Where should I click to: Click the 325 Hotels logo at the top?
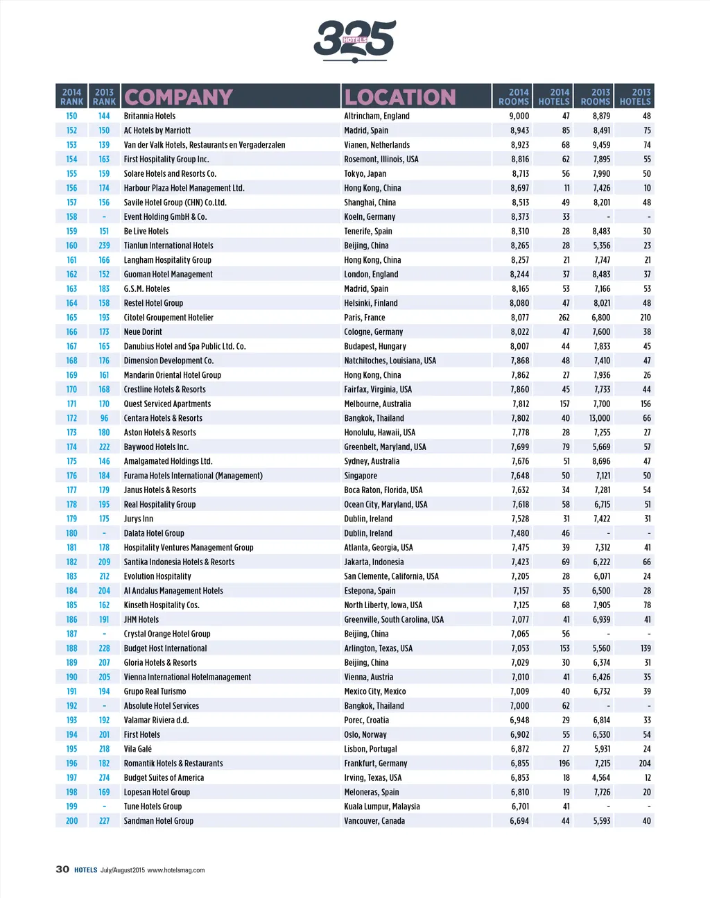[x=354, y=40]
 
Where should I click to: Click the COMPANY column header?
[x=178, y=97]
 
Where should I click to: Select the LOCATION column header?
[x=400, y=97]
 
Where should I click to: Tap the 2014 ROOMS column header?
[x=513, y=96]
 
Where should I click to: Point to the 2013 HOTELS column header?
[x=634, y=96]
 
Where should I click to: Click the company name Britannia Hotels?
[x=150, y=116]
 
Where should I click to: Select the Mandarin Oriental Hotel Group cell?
[x=173, y=375]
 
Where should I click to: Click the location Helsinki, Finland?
[x=371, y=303]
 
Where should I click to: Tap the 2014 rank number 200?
[x=71, y=821]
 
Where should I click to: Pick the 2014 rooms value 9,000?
[x=519, y=116]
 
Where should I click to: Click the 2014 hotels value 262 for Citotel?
[x=564, y=318]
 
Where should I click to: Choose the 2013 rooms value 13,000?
[x=600, y=418]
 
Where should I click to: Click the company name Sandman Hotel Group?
[x=159, y=821]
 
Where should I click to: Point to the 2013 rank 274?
[x=104, y=778]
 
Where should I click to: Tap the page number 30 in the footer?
[x=62, y=870]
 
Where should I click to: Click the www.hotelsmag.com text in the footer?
[x=176, y=870]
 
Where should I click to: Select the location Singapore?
[x=361, y=476]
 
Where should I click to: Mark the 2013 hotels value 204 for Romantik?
[x=645, y=763]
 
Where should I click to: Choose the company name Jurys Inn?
[x=139, y=519]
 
